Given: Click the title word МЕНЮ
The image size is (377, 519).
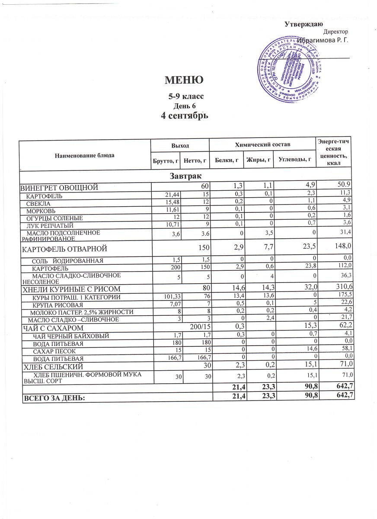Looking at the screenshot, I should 184,80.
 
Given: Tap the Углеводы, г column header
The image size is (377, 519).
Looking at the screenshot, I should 295,160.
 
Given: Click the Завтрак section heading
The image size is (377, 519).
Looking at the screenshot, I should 186,176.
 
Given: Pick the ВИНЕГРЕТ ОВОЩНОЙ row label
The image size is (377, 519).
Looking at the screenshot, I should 60,187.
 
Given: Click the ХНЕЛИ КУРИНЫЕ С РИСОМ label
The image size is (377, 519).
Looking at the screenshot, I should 71,289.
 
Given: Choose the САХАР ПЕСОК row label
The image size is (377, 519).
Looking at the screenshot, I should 53,351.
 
